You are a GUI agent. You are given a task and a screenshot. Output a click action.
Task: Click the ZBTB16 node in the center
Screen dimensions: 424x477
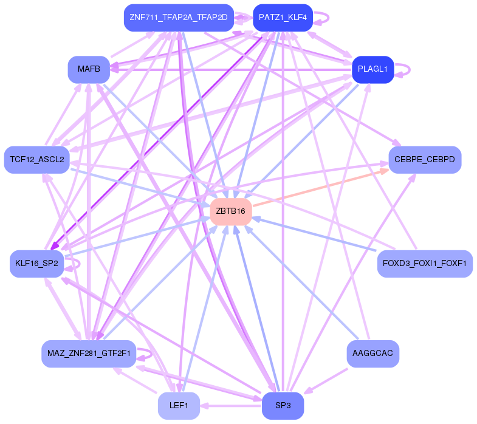(x=230, y=211)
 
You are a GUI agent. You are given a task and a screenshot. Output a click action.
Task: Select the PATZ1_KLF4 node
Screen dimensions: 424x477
(x=282, y=18)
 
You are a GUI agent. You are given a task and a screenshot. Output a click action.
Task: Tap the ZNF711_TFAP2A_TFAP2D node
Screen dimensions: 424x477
(x=178, y=18)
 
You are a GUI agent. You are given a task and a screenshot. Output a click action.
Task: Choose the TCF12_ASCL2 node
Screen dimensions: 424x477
(x=36, y=160)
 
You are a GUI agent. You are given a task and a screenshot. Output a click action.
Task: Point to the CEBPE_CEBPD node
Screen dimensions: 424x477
(x=424, y=160)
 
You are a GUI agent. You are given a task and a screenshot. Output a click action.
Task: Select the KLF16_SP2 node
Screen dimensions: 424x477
(x=36, y=263)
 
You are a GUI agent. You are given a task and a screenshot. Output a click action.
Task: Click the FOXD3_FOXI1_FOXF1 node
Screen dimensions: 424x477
(x=424, y=263)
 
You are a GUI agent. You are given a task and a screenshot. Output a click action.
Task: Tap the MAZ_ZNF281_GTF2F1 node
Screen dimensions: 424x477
(x=88, y=354)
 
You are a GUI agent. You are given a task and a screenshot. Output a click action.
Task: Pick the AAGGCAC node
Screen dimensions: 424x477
(x=372, y=354)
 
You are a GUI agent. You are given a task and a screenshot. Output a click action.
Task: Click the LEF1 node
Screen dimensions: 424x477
(x=178, y=405)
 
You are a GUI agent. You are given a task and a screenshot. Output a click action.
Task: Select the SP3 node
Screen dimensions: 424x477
(x=282, y=405)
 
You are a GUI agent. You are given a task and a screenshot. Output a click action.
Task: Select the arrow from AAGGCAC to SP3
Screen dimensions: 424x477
(x=331, y=378)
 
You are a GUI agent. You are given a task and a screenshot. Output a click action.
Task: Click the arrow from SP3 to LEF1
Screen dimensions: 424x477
(x=231, y=405)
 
